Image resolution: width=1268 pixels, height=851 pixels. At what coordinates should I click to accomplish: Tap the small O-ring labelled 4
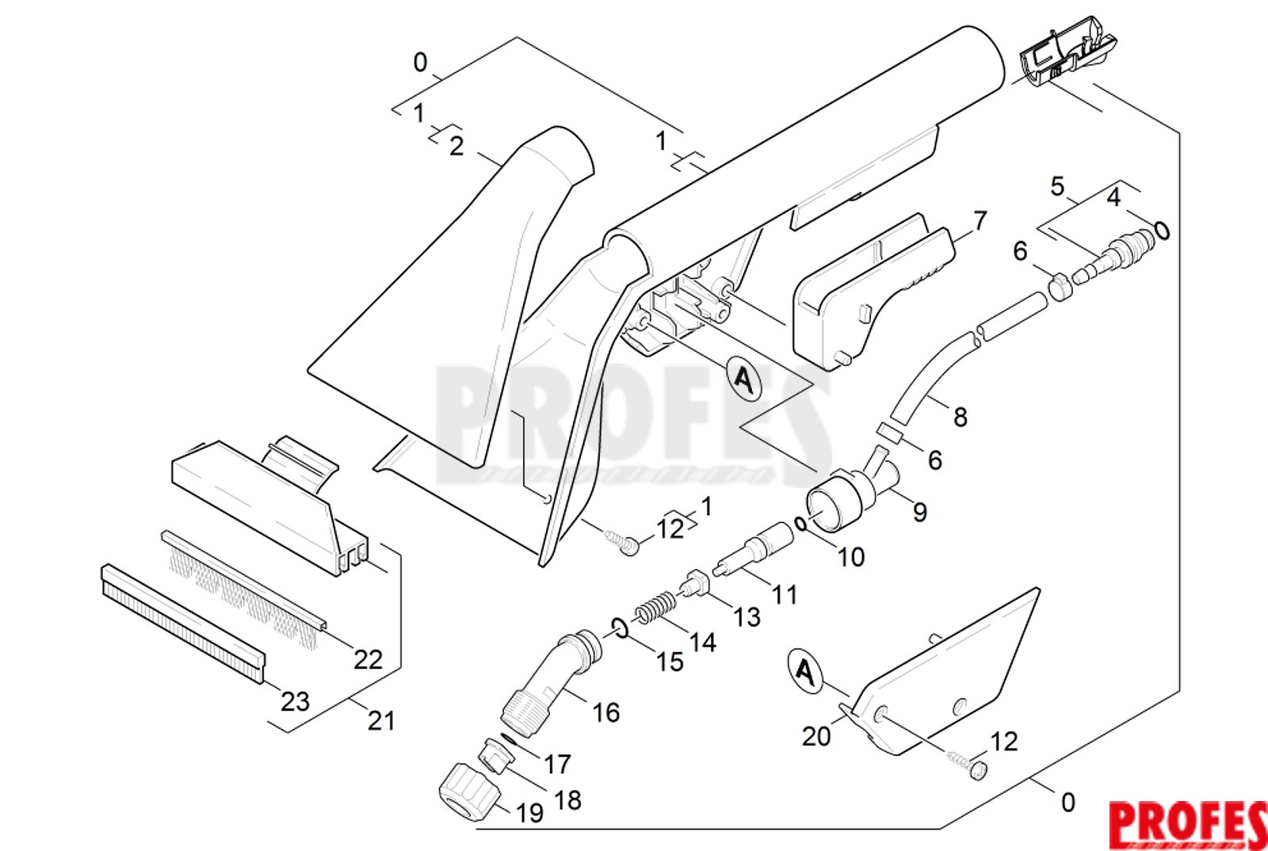pyautogui.click(x=1162, y=230)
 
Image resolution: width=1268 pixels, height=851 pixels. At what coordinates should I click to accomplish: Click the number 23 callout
pyautogui.click(x=295, y=701)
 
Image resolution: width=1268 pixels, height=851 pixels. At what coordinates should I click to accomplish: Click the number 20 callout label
pyautogui.click(x=815, y=736)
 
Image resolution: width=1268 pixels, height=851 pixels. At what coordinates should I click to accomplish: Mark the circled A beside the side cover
pyautogui.click(x=805, y=672)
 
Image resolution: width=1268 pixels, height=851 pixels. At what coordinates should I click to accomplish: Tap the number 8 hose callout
pyautogui.click(x=960, y=417)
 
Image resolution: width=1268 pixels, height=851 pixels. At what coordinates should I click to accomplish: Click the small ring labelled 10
pyautogui.click(x=801, y=524)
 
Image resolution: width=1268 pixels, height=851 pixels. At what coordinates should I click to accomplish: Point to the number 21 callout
pyautogui.click(x=380, y=720)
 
